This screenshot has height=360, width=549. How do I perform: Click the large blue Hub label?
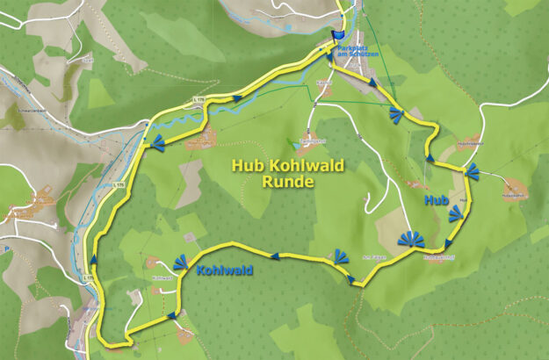pyautogui.click(x=437, y=201)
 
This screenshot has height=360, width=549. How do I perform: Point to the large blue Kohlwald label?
pyautogui.click(x=227, y=270)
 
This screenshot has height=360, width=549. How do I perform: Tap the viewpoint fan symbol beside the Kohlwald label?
pyautogui.click(x=183, y=262)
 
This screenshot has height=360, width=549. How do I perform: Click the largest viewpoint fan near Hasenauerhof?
pyautogui.click(x=409, y=239)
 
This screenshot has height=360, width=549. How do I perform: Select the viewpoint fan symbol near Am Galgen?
pyautogui.click(x=339, y=256)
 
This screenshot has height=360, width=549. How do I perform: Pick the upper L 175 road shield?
pyautogui.click(x=199, y=101)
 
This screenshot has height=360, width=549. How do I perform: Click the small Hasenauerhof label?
pyautogui.click(x=437, y=258)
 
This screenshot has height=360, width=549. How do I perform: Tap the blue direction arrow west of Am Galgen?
pyautogui.click(x=275, y=256)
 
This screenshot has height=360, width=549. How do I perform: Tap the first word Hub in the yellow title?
pyautogui.click(x=246, y=165)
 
